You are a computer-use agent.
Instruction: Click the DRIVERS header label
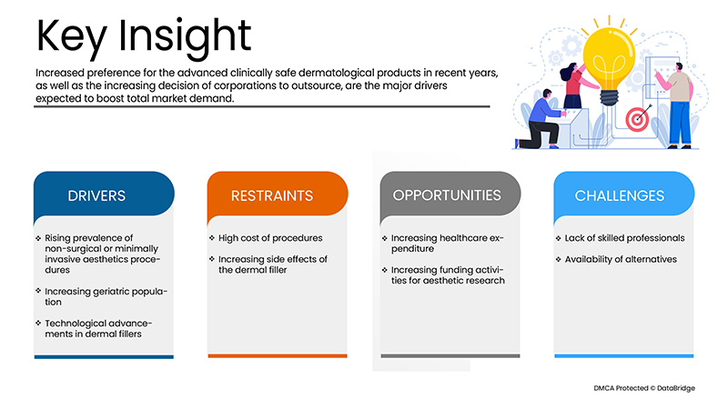[96, 195]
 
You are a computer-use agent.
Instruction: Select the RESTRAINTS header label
[272, 195]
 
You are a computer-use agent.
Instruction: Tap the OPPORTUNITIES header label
[447, 195]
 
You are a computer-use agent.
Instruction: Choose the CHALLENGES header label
[620, 195]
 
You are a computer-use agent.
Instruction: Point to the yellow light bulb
[609, 59]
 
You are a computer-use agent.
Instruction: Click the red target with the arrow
[638, 119]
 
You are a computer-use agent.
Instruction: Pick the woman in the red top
[574, 86]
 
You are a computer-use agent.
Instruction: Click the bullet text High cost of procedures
[270, 238]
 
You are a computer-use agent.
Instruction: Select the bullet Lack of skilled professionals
[624, 238]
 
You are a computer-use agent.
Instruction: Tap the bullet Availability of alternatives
[621, 259]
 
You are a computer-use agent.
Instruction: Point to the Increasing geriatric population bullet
[106, 297]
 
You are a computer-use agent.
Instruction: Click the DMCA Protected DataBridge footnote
[644, 388]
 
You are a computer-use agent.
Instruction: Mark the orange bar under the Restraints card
[278, 356]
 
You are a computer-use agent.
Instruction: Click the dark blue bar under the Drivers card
[104, 356]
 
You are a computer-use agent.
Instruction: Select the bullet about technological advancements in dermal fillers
[98, 328]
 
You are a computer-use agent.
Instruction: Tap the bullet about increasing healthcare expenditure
[447, 243]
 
